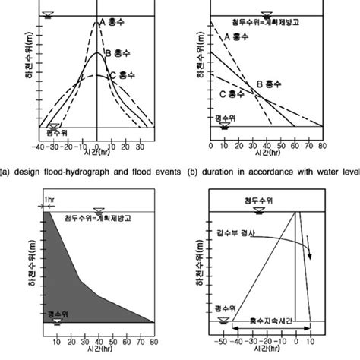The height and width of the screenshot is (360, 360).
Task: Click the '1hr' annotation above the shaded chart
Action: [49, 201]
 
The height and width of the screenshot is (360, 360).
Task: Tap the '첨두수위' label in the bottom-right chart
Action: [268, 203]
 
